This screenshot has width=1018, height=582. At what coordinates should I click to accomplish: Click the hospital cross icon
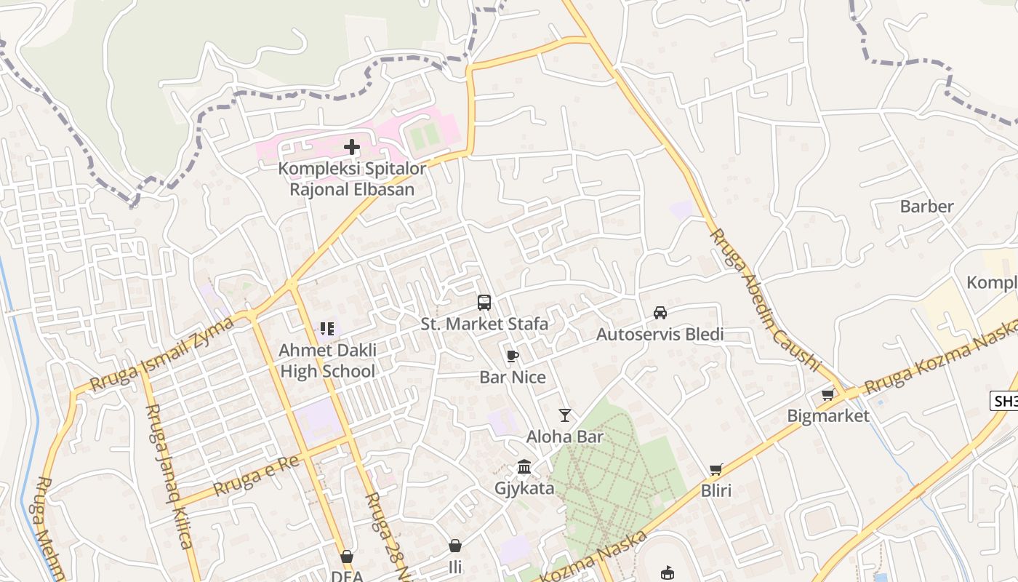point(352,147)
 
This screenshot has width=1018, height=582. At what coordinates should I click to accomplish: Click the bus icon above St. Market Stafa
point(484,303)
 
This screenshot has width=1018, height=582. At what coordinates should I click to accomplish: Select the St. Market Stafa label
point(484,324)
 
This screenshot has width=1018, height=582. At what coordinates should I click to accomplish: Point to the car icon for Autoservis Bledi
point(660,313)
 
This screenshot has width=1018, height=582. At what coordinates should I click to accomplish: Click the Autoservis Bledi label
point(660,335)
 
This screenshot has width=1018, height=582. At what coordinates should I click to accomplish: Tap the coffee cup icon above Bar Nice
point(513,356)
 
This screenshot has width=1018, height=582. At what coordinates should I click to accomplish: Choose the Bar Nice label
point(513,377)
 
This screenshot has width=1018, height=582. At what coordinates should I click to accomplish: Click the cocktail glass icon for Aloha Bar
point(565,415)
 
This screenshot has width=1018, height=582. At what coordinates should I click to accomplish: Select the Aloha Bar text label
point(565,437)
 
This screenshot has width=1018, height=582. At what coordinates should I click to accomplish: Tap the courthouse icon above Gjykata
point(524,466)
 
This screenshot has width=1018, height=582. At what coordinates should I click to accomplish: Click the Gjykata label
point(524,488)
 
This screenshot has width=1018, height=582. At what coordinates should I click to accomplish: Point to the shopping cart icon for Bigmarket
point(827,395)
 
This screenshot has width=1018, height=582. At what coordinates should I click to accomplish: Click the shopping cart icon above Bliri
point(716,470)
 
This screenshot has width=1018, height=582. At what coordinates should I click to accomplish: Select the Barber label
point(926,207)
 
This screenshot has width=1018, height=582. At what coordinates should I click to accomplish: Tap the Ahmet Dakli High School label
point(328,361)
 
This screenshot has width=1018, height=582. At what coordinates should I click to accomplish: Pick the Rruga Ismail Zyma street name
point(161,354)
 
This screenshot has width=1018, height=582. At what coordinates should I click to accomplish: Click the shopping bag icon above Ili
point(455,546)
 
